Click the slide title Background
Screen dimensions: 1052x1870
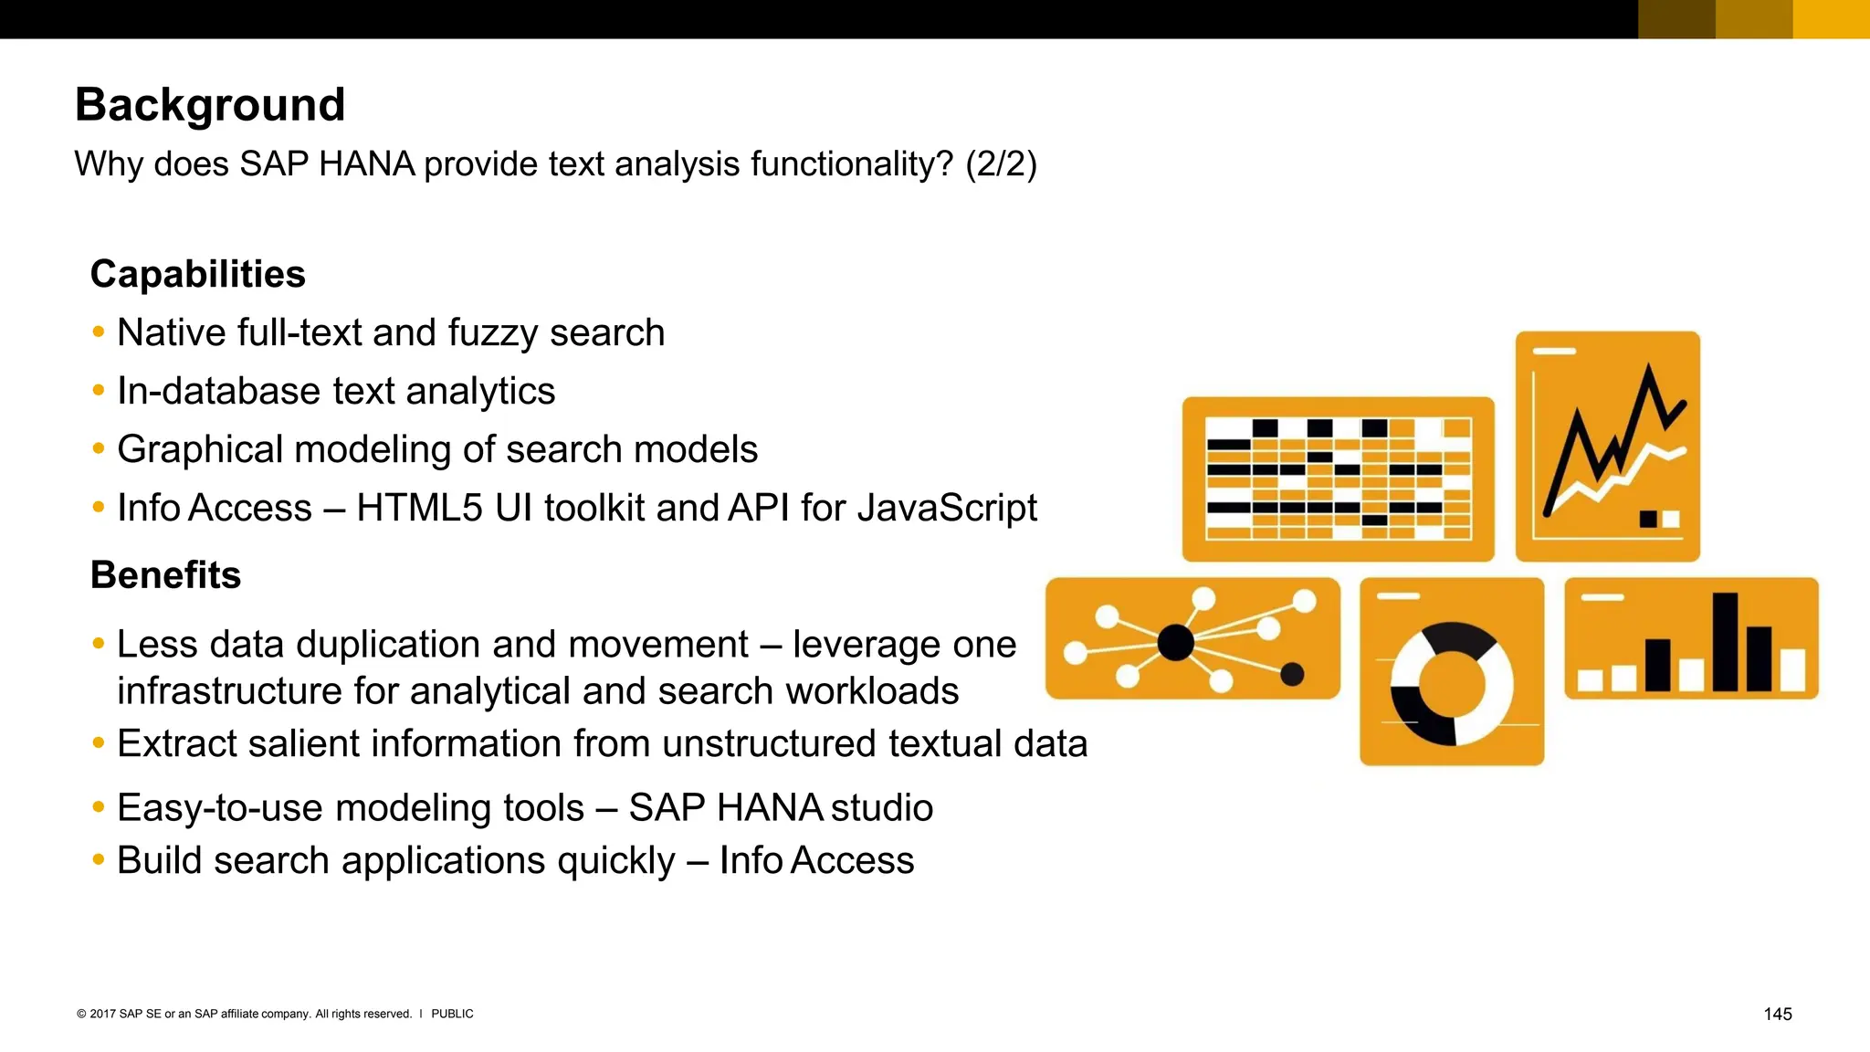(x=210, y=104)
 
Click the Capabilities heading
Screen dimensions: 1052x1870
(x=197, y=274)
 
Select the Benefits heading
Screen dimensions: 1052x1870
(x=165, y=575)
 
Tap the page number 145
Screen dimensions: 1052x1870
(x=1777, y=1014)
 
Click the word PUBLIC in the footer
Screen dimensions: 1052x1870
(x=452, y=1014)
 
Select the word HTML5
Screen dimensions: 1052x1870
(x=419, y=509)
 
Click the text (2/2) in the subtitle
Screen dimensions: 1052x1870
(x=1001, y=164)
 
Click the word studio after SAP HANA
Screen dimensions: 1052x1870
(x=881, y=808)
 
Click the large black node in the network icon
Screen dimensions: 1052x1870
(x=1175, y=642)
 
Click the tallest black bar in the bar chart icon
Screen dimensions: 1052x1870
(x=1725, y=641)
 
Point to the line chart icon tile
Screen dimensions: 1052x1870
(x=1607, y=446)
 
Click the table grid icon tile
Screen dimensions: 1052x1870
(x=1338, y=479)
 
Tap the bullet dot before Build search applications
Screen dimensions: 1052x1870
(x=99, y=859)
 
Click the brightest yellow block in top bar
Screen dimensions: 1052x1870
(x=1831, y=18)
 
